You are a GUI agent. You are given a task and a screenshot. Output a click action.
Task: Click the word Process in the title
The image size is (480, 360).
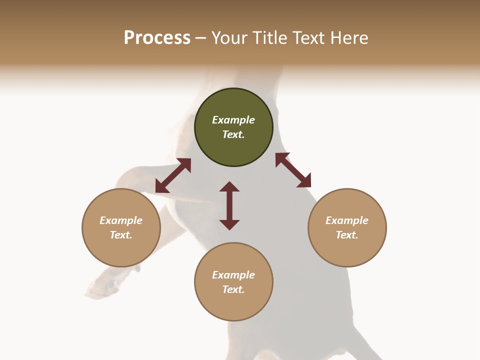[157, 38]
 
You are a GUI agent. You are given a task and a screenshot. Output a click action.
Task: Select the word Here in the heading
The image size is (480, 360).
[348, 38]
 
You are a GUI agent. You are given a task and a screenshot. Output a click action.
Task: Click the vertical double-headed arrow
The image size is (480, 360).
[229, 205]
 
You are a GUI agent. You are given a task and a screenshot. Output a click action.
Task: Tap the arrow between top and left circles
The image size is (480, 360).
[173, 175]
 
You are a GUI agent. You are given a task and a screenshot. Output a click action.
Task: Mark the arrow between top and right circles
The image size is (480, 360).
[293, 170]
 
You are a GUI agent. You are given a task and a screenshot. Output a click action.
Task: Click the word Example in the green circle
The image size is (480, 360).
[233, 120]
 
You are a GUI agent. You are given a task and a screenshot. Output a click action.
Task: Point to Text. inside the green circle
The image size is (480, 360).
[233, 134]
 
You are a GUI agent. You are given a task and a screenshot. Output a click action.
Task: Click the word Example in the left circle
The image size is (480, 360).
[121, 220]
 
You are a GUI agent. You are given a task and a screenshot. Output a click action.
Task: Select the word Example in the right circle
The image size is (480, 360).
[347, 220]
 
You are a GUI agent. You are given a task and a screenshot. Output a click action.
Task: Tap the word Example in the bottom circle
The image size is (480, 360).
[233, 275]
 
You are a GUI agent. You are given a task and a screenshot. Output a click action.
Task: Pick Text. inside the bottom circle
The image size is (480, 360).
[233, 289]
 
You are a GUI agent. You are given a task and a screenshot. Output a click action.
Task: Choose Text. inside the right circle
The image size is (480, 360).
[347, 235]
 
